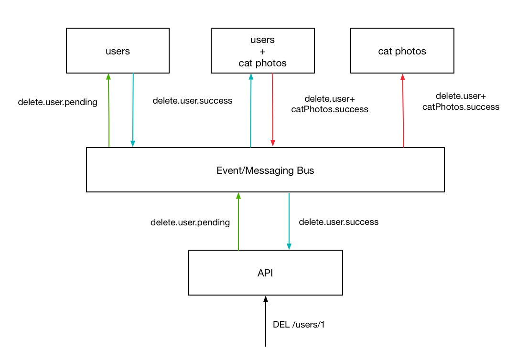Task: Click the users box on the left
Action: coord(118,51)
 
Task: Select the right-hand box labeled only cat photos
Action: coord(402,51)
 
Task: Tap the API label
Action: coord(265,273)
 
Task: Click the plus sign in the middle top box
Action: coord(262,51)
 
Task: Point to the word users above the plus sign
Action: coord(262,40)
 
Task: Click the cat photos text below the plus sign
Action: coord(262,63)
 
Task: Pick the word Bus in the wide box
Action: coord(304,170)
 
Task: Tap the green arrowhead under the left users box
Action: coord(108,76)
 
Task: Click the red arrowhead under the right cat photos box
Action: coord(402,76)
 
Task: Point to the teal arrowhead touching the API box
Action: coord(289,246)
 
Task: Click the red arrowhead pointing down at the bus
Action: coord(273,143)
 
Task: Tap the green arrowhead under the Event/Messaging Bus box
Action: coord(238,195)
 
